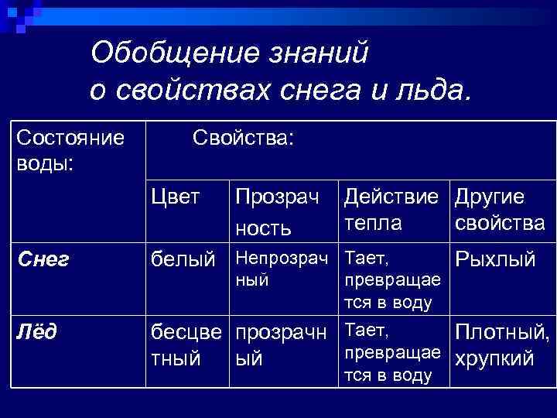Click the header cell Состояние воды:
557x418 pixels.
tap(70, 152)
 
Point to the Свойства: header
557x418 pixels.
tap(243, 139)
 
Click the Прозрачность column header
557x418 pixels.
tap(277, 211)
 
